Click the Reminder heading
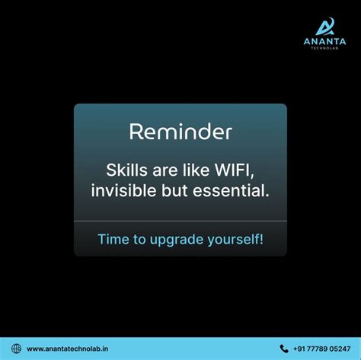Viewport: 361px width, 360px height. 180,132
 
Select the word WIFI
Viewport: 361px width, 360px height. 231,168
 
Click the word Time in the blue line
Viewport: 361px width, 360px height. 113,239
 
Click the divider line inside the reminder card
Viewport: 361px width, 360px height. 180,221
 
